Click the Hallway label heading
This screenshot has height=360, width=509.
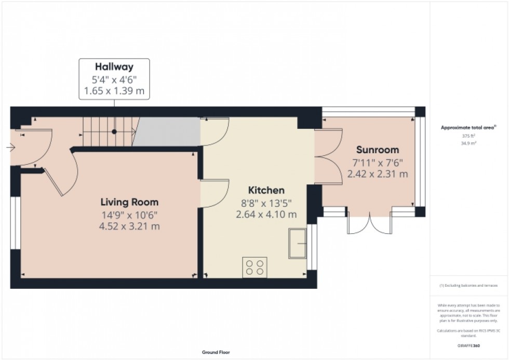tap(114, 66)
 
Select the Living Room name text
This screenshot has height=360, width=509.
tap(129, 202)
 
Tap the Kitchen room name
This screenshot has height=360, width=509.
tap(266, 190)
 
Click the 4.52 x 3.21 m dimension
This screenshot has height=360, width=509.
tap(129, 226)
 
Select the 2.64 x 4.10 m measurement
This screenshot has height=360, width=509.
tap(266, 214)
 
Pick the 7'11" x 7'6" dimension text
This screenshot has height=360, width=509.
tap(377, 162)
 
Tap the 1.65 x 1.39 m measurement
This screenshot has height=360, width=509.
tap(114, 92)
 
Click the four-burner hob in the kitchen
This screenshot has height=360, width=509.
tap(254, 267)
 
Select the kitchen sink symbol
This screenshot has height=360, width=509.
tap(298, 243)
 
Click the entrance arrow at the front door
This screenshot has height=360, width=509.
tap(11, 148)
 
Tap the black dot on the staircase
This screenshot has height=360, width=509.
tap(114, 131)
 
